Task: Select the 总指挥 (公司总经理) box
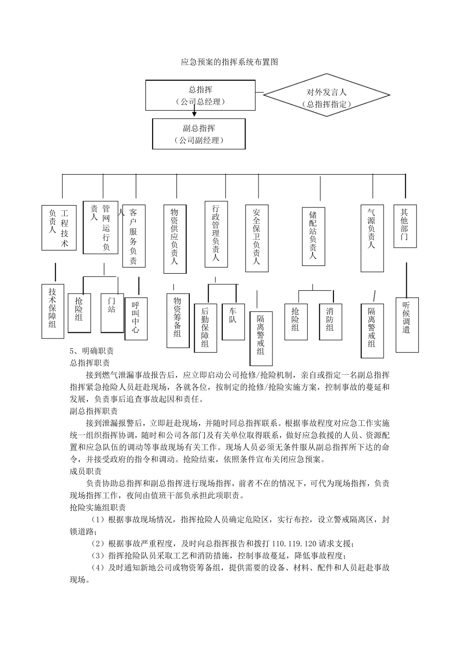click(200, 95)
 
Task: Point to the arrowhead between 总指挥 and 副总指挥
click(194, 114)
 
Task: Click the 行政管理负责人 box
click(216, 234)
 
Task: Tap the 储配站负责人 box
click(313, 236)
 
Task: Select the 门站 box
click(112, 312)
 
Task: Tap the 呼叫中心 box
click(136, 318)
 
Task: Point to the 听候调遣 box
click(406, 318)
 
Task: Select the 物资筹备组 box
click(177, 317)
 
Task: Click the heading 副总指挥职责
click(94, 412)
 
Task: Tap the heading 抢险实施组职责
click(98, 508)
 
